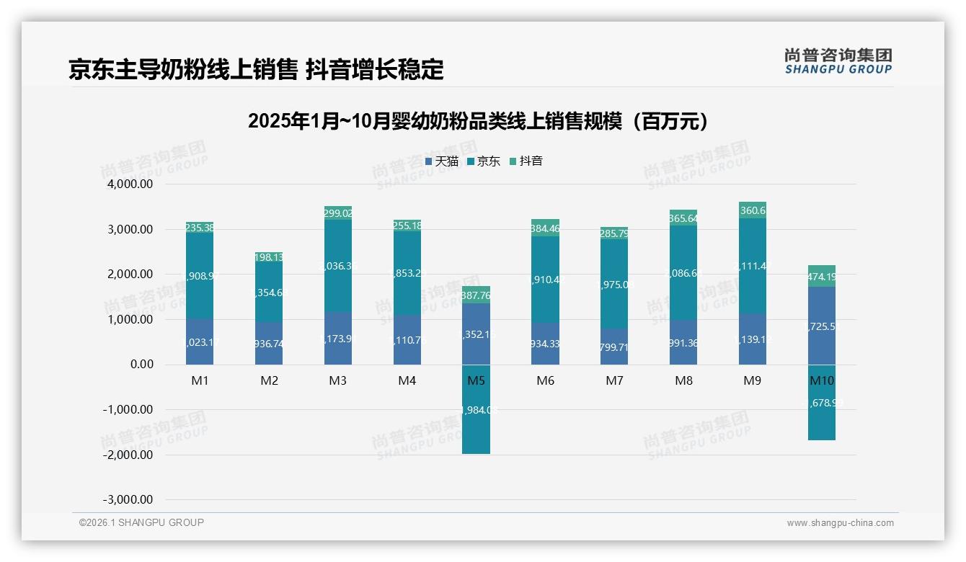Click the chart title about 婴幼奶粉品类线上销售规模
(478, 121)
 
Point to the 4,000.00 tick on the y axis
(130, 184)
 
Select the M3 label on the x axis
(338, 380)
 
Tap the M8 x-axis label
(683, 380)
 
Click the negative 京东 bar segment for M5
(476, 425)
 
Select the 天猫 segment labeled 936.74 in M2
(269, 344)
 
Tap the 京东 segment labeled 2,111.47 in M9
(753, 266)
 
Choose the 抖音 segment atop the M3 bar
(338, 213)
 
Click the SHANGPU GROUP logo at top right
(838, 61)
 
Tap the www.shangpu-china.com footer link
(840, 523)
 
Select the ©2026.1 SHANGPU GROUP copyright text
(141, 522)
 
